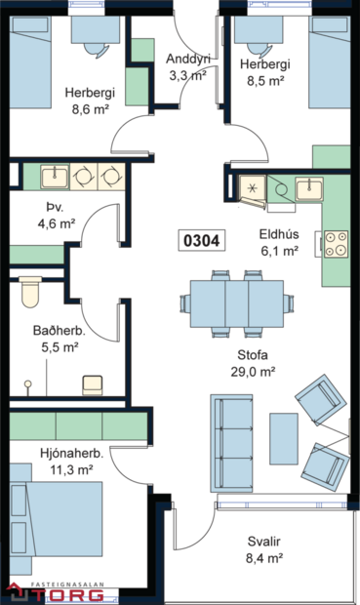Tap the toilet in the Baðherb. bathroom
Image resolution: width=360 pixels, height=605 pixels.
[x=29, y=290]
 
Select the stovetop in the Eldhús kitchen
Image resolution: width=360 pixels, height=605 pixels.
[x=337, y=242]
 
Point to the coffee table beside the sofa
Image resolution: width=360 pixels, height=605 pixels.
[x=284, y=438]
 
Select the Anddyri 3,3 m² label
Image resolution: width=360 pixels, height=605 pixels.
[x=188, y=65]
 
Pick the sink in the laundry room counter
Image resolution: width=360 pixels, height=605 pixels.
[x=55, y=177]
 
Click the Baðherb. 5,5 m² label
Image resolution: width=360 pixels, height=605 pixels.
[x=57, y=338]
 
